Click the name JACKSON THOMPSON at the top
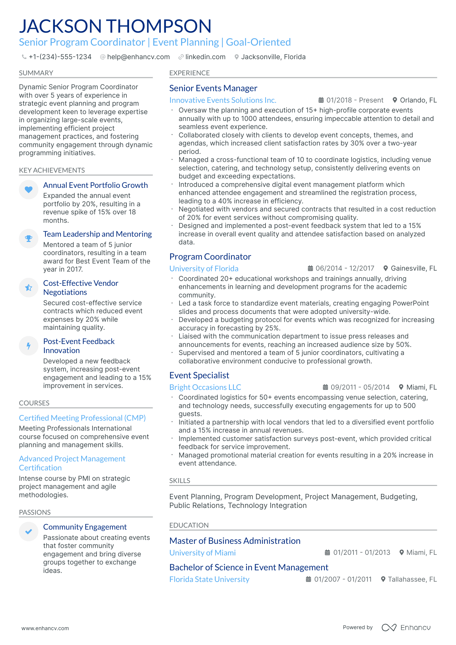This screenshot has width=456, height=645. [115, 26]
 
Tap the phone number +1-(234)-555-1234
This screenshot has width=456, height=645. [60, 57]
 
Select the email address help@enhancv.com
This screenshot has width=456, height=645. [138, 57]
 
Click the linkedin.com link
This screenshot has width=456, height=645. [205, 57]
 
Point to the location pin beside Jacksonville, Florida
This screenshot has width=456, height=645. [237, 57]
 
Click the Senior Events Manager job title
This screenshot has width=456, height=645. [213, 88]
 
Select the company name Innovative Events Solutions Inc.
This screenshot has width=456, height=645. [223, 100]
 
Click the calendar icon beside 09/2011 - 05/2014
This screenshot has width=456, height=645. [325, 387]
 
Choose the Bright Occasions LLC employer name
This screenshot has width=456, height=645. [205, 387]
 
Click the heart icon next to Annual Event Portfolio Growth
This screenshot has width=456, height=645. [28, 190]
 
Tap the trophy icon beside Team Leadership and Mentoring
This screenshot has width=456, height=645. [28, 239]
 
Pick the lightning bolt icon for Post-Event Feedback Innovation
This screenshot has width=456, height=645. [28, 346]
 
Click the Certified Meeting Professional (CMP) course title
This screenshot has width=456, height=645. [82, 418]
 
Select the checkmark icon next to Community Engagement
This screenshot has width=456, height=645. [28, 532]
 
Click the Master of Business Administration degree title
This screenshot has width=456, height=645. [235, 541]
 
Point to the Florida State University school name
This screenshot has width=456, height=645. [209, 579]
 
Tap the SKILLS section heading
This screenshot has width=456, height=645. [179, 481]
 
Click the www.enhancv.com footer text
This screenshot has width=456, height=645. [45, 628]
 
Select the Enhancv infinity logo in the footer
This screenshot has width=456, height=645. [389, 628]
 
